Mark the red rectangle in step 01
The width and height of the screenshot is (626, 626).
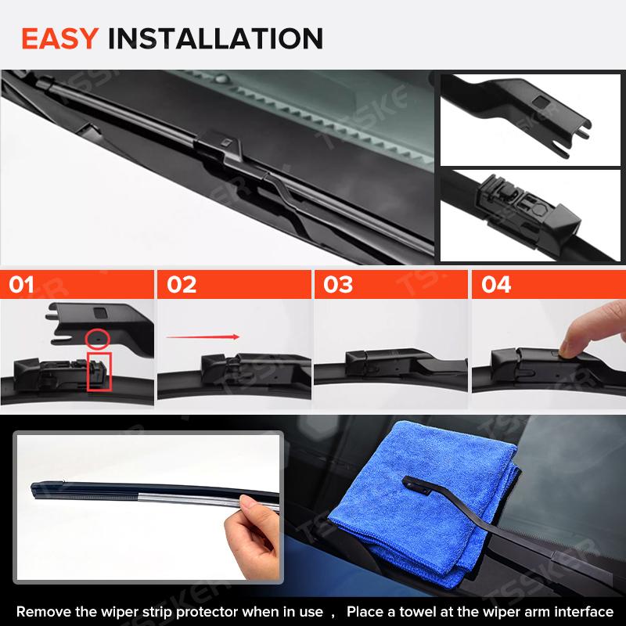[x=99, y=371]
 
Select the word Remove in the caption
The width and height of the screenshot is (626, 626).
[x=40, y=611]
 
